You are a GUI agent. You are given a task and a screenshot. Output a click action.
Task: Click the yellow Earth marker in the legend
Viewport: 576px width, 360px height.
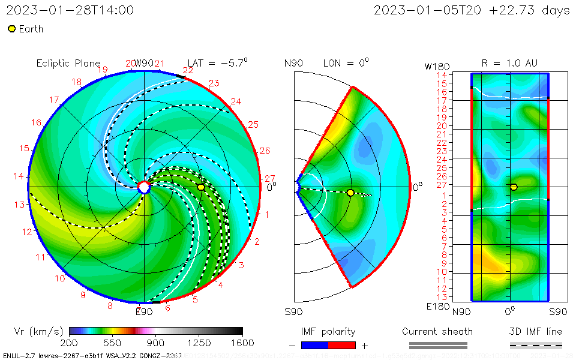[11, 29]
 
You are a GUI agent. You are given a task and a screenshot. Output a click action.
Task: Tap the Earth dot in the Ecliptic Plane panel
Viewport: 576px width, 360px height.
[201, 187]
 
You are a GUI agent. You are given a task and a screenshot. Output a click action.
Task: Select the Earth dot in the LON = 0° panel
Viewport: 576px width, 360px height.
[350, 193]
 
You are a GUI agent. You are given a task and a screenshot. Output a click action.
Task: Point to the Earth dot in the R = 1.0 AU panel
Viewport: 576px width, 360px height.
[514, 187]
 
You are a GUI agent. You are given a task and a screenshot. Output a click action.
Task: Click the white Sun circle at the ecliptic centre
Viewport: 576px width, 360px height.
[144, 187]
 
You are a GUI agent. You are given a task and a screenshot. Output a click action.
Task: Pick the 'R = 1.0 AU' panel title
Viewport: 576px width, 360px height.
[509, 63]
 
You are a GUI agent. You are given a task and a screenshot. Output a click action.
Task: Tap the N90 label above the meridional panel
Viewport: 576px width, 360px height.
[293, 63]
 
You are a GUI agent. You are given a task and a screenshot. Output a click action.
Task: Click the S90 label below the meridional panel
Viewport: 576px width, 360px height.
[293, 312]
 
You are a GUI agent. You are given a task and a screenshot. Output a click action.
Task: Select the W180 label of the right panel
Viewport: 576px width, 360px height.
[436, 65]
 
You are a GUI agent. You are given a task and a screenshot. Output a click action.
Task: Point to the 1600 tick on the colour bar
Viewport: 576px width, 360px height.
[242, 343]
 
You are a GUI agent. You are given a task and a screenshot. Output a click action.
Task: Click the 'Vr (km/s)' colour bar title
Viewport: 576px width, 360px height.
[38, 331]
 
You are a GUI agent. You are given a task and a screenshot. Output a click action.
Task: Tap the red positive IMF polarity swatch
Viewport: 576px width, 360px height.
[342, 345]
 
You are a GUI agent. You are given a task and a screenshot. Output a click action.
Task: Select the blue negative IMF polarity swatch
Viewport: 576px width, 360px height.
[314, 345]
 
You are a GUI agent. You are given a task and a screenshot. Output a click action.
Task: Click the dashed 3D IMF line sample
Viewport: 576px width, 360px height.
[536, 345]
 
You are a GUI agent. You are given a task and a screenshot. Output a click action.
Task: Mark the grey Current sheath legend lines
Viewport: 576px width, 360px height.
[438, 345]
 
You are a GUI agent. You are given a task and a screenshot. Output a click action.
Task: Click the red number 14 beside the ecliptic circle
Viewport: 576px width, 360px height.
[19, 176]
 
